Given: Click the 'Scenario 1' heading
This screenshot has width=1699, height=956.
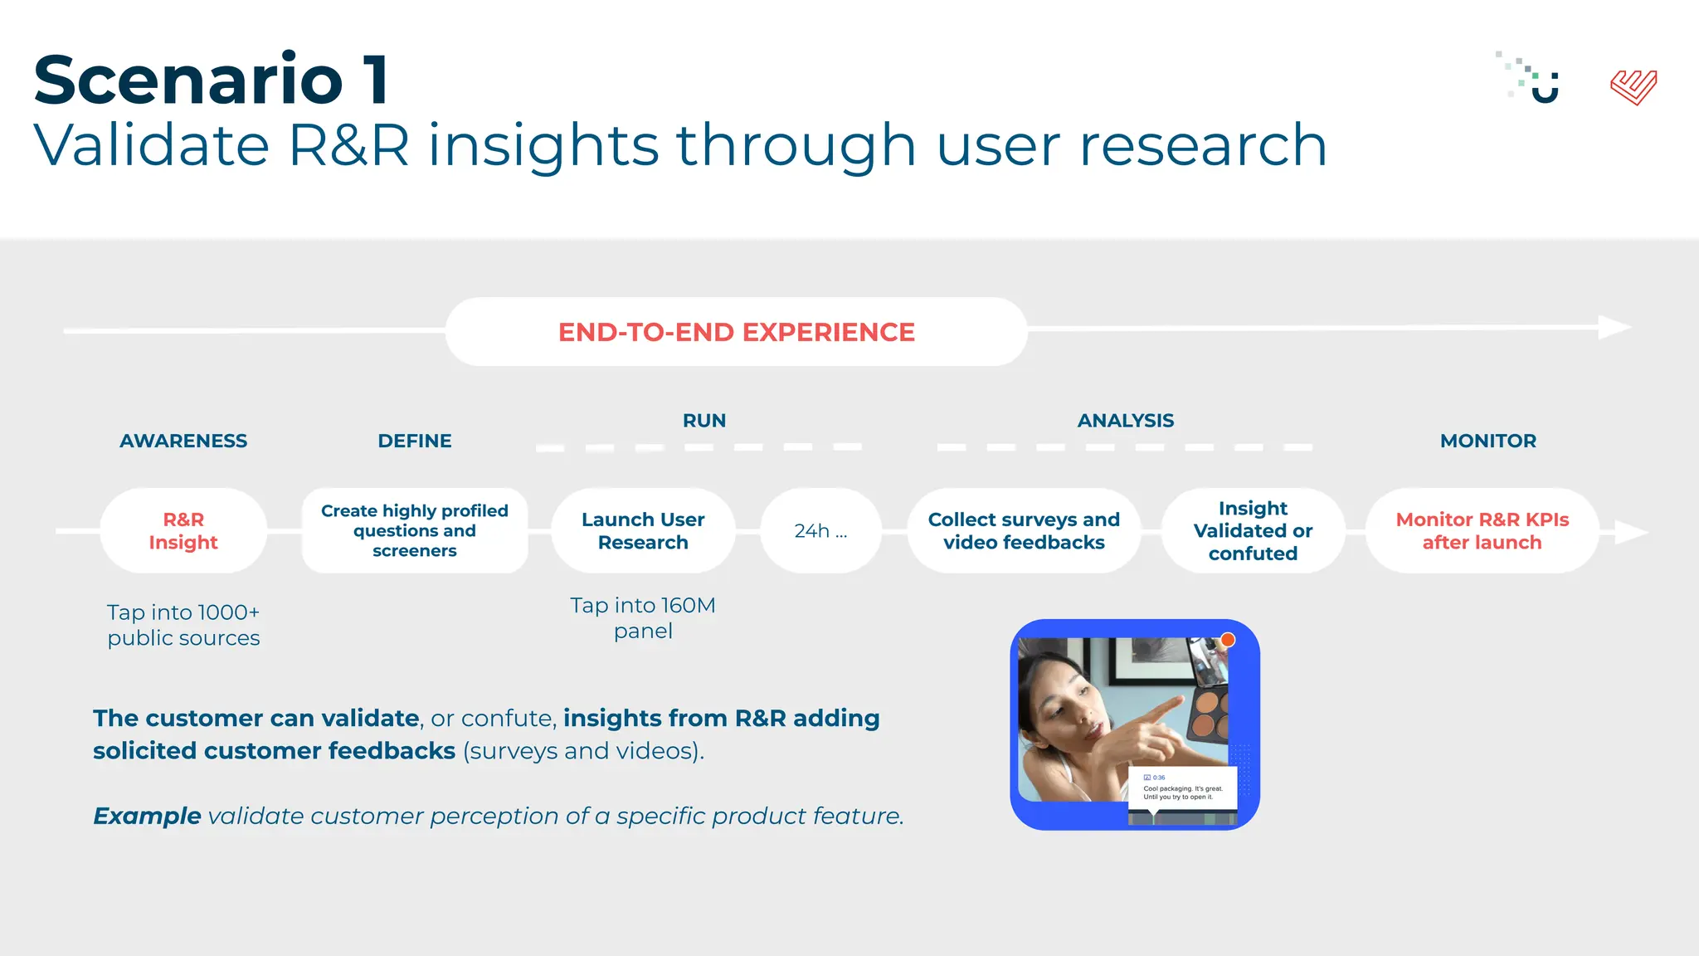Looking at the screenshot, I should click(x=211, y=80).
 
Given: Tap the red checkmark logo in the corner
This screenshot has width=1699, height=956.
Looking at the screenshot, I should click(x=1633, y=87).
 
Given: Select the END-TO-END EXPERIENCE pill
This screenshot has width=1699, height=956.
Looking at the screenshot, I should click(x=736, y=332).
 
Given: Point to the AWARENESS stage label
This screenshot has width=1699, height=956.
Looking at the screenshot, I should click(x=183, y=441).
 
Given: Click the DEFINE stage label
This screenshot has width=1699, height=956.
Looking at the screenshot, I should click(x=415, y=441).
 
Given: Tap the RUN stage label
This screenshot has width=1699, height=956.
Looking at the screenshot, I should click(x=704, y=421).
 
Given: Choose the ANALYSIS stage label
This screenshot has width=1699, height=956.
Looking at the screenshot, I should click(x=1125, y=421).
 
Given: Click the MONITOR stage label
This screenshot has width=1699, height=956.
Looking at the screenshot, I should click(x=1487, y=441).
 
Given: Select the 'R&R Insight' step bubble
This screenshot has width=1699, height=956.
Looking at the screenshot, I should click(x=183, y=531).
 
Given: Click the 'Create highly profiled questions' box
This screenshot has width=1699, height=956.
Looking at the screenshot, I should click(x=415, y=531).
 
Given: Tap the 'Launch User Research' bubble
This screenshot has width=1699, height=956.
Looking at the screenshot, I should click(x=643, y=531).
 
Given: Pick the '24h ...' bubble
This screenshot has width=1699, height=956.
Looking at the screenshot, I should click(x=820, y=531).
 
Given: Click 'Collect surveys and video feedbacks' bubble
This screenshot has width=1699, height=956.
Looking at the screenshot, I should click(x=1024, y=531).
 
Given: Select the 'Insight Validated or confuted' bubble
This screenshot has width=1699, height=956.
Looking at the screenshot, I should click(x=1253, y=531).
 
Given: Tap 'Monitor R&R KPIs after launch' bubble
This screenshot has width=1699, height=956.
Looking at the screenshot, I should click(x=1482, y=531).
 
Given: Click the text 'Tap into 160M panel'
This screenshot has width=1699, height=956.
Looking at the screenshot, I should click(x=643, y=617).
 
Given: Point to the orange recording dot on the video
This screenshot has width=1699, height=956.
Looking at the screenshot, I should click(x=1228, y=640).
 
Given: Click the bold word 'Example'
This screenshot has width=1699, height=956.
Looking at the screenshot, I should click(x=147, y=816).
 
